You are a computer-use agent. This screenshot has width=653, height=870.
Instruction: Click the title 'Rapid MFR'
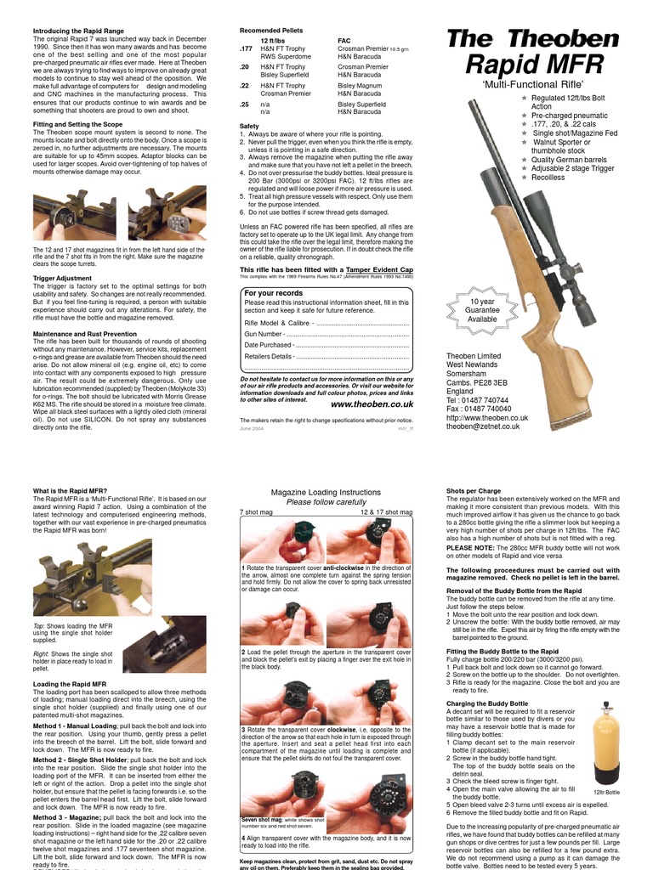point(535,65)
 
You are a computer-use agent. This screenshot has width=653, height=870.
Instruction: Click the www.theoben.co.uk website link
point(372,404)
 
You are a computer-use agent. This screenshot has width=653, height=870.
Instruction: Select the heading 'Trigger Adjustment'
point(62,278)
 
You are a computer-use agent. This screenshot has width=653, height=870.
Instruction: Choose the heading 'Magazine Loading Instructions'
point(326,493)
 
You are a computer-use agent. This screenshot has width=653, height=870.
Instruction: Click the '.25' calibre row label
point(245,104)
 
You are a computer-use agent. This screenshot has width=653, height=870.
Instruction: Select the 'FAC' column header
point(344,40)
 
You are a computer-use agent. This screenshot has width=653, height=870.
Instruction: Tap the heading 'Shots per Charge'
point(474,491)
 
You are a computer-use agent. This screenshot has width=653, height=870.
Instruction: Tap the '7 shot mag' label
point(257,512)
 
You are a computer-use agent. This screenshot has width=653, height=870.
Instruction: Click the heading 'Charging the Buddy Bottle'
point(487,703)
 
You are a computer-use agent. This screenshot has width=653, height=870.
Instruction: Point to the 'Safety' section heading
point(249,126)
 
